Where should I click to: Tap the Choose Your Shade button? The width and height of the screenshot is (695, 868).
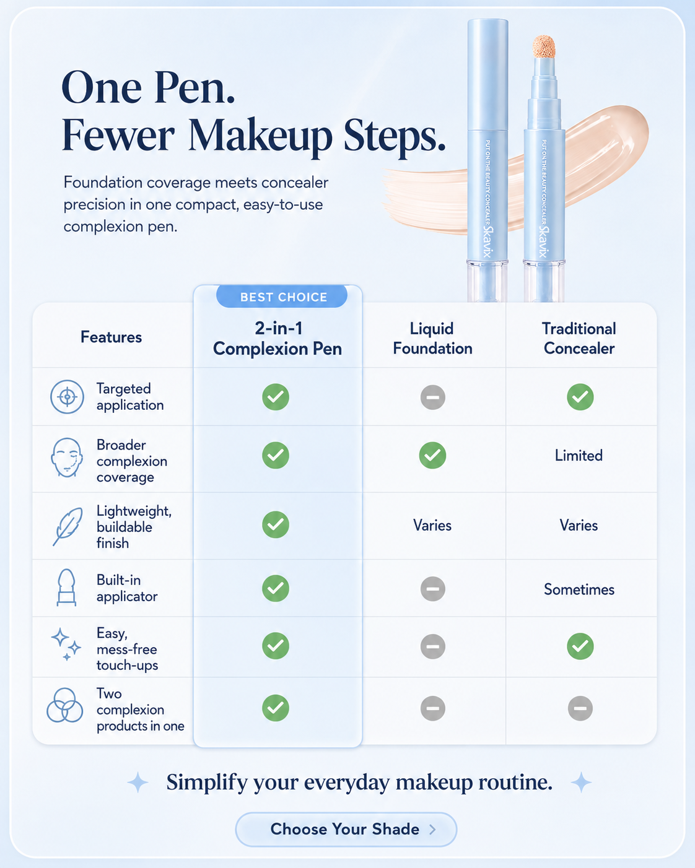click(x=346, y=829)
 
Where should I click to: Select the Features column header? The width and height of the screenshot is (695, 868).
click(x=111, y=337)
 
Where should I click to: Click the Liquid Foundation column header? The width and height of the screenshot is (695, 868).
click(x=432, y=339)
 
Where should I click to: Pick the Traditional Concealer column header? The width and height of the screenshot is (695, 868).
click(x=579, y=339)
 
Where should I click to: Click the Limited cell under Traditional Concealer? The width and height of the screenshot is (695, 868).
click(x=579, y=456)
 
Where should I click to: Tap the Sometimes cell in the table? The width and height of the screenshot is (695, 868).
click(x=579, y=589)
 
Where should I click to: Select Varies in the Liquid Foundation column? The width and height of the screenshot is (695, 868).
click(x=432, y=525)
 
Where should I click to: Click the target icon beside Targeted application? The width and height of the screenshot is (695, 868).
click(x=67, y=397)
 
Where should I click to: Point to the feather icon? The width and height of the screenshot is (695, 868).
click(x=68, y=526)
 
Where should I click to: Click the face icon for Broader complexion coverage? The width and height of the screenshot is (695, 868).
click(x=67, y=458)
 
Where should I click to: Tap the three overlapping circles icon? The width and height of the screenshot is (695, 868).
click(x=64, y=705)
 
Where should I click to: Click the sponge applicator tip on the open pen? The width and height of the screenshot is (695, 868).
click(x=544, y=46)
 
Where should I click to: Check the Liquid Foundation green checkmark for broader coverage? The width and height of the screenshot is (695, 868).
click(x=432, y=456)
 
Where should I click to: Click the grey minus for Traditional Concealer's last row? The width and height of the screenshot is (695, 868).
click(x=580, y=708)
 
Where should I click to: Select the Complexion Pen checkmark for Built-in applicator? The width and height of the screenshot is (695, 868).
click(x=276, y=589)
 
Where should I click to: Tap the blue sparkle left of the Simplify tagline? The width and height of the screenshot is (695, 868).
click(x=138, y=783)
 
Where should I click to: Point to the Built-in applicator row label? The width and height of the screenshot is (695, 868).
click(x=127, y=588)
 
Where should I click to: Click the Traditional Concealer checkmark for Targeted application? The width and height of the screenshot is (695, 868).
click(x=580, y=397)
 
